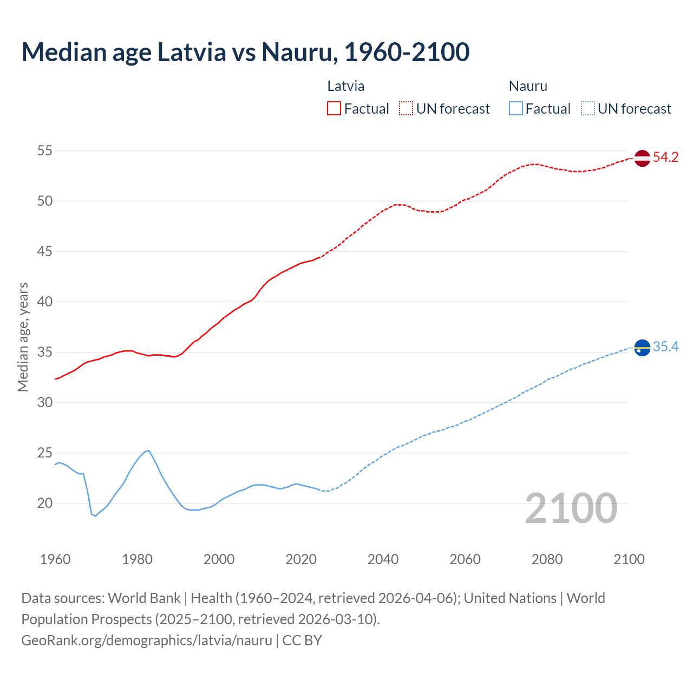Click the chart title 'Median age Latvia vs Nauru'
pyautogui.click(x=245, y=52)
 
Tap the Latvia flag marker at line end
pyautogui.click(x=642, y=158)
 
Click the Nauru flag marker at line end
pyautogui.click(x=642, y=348)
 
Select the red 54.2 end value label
pyautogui.click(x=665, y=158)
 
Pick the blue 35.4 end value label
pyautogui.click(x=665, y=347)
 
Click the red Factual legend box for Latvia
pyautogui.click(x=334, y=109)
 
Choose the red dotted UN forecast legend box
pyautogui.click(x=406, y=109)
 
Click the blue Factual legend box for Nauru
pyautogui.click(x=516, y=109)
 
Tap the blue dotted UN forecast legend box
pyautogui.click(x=588, y=109)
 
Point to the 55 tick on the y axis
pyautogui.click(x=45, y=151)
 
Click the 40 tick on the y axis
pyautogui.click(x=45, y=302)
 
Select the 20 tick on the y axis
pyautogui.click(x=45, y=503)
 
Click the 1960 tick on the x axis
pyautogui.click(x=55, y=559)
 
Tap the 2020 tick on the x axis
pyautogui.click(x=301, y=559)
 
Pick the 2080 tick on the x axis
pyautogui.click(x=547, y=559)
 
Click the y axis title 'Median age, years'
pyautogui.click(x=23, y=337)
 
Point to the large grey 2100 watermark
pyautogui.click(x=571, y=508)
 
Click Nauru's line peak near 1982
pyautogui.click(x=148, y=450)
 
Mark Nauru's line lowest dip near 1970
pyautogui.click(x=95, y=516)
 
